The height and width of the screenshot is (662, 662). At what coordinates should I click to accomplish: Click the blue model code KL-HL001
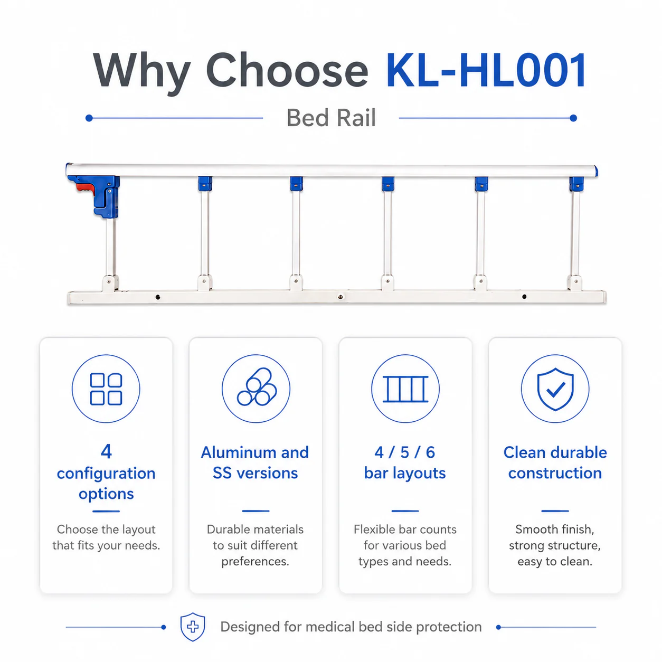(486, 70)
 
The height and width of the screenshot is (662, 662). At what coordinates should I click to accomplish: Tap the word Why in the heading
(141, 73)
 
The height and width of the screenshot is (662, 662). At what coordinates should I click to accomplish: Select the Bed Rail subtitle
(331, 118)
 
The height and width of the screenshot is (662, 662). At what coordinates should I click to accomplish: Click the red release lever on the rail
(86, 187)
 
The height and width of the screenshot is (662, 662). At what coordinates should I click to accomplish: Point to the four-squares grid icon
(106, 389)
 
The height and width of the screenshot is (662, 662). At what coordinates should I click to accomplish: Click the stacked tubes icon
(256, 387)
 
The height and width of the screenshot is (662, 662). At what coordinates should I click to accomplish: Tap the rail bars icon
(405, 389)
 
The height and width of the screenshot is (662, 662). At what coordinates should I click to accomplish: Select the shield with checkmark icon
(555, 389)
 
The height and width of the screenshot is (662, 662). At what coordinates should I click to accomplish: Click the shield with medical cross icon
(193, 627)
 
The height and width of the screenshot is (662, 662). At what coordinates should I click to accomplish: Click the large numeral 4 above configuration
(106, 451)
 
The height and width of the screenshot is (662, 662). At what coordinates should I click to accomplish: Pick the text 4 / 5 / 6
(405, 452)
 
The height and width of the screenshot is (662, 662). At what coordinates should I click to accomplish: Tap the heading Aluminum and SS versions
(255, 463)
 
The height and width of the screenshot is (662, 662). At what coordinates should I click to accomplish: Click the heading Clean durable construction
(555, 463)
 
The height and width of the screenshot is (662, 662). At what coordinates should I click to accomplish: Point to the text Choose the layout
(106, 529)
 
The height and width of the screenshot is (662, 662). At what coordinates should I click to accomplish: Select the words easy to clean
(555, 561)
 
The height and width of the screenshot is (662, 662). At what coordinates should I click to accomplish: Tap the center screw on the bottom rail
(340, 297)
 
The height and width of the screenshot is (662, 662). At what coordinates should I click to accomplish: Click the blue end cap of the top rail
(596, 171)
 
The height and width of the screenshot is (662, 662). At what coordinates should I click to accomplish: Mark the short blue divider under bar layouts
(405, 511)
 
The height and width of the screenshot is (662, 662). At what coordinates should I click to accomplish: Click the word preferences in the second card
(255, 562)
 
